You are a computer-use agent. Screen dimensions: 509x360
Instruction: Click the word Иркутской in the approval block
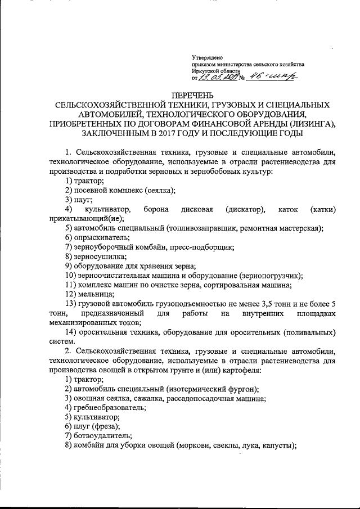pos(207,73)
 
